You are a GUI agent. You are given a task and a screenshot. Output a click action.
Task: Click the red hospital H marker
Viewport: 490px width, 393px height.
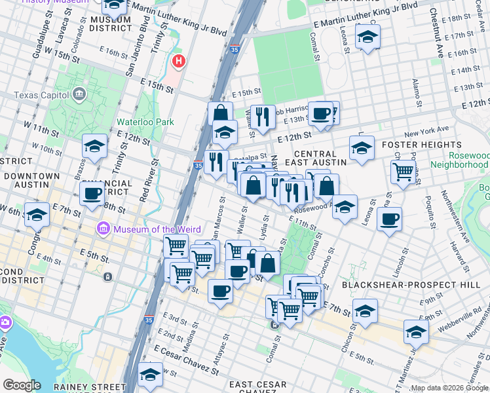tap(178, 62)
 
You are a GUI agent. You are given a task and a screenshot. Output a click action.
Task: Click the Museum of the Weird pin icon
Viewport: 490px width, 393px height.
tap(103, 229)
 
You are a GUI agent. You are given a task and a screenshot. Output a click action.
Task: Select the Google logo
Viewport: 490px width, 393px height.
tap(22, 385)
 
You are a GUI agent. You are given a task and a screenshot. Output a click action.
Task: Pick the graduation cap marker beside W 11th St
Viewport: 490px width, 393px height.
tap(94, 147)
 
